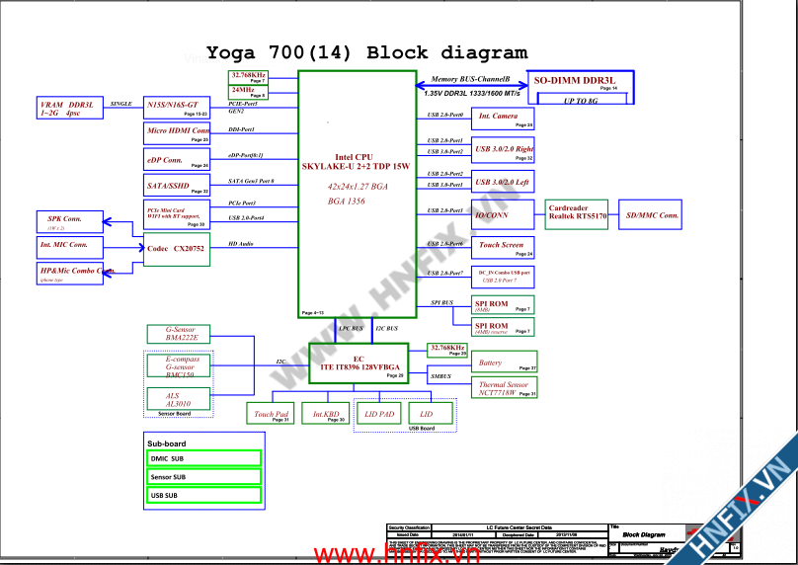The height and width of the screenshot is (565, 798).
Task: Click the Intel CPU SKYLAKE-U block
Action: [358, 194]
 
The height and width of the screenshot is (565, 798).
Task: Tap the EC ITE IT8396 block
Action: [359, 363]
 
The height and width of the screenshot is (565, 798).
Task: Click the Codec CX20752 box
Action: [176, 250]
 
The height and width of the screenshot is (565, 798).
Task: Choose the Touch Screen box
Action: [504, 247]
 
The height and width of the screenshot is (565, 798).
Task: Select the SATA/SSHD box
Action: [178, 187]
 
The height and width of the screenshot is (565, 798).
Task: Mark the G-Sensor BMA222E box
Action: [179, 334]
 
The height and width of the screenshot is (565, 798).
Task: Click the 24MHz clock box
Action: [248, 92]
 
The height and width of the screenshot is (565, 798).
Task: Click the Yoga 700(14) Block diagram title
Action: [366, 53]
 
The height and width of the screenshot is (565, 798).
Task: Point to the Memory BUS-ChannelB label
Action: [470, 78]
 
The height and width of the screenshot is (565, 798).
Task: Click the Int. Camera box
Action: [504, 119]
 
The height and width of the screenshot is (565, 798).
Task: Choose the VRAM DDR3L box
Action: [68, 108]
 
